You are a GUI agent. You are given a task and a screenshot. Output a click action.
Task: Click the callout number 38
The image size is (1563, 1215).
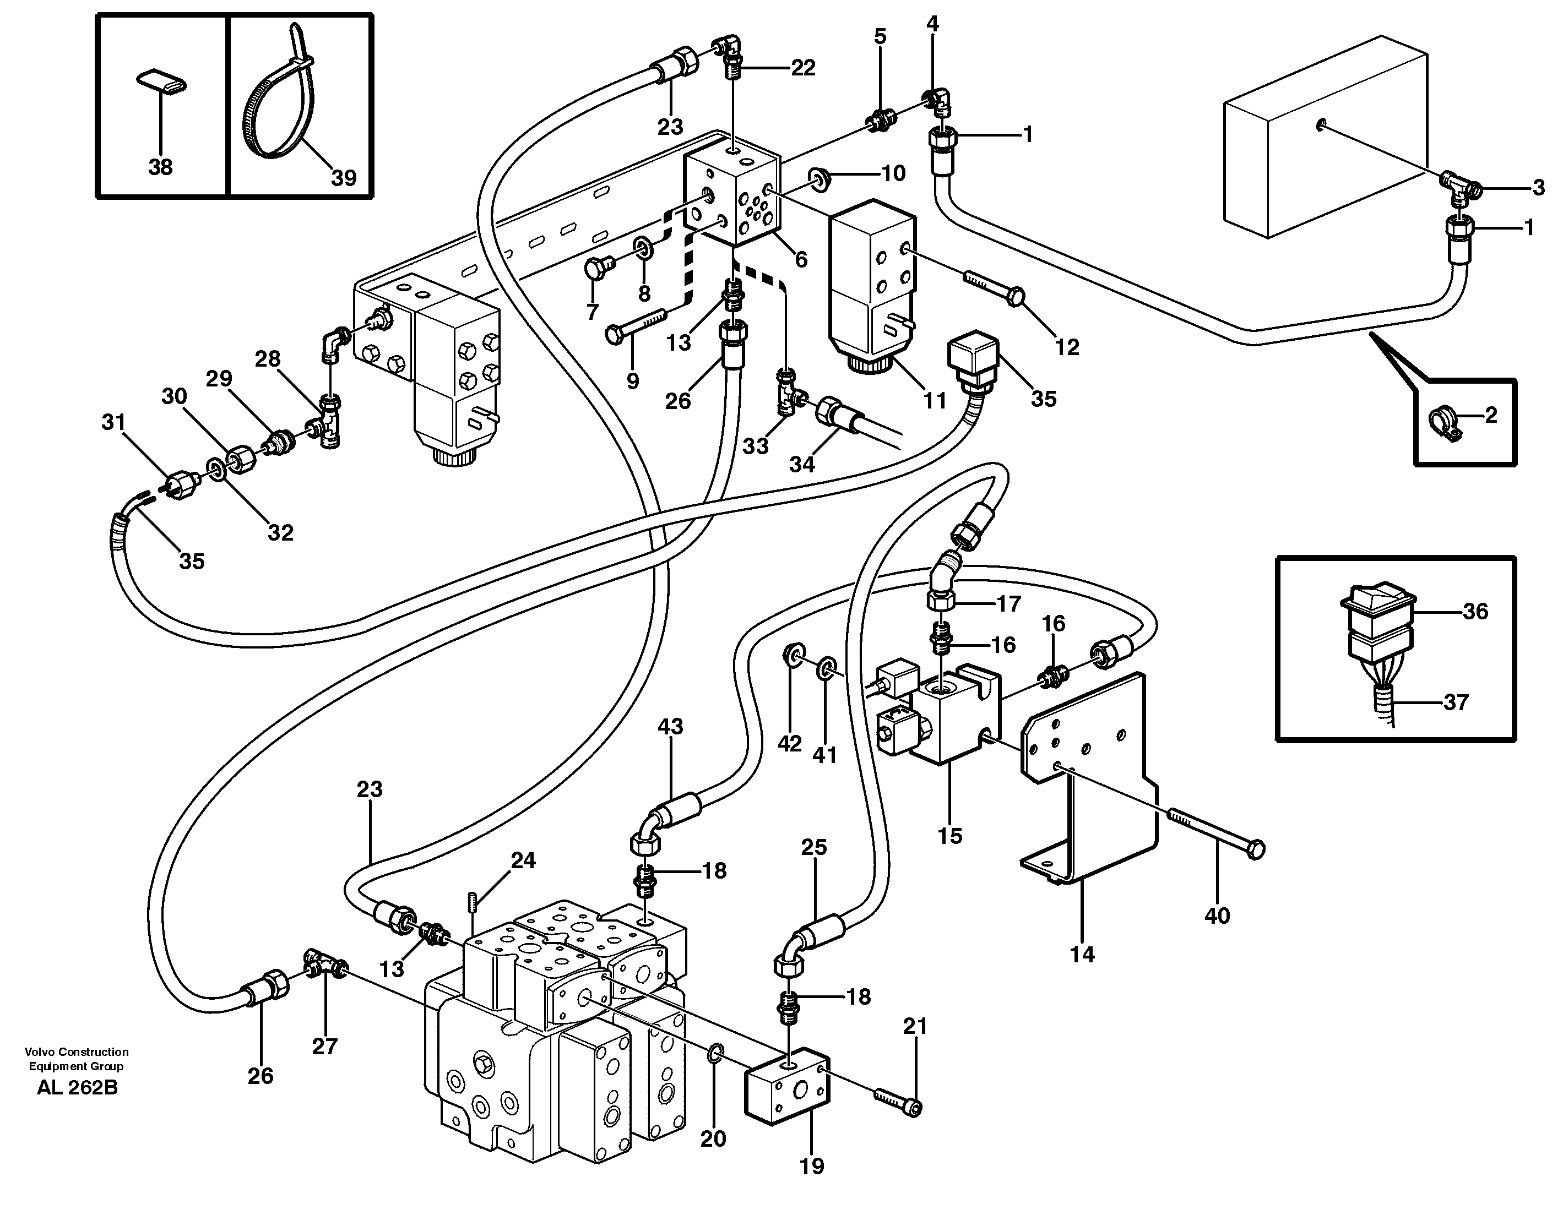[160, 167]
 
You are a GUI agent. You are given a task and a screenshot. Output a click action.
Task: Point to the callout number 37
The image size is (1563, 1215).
[1456, 702]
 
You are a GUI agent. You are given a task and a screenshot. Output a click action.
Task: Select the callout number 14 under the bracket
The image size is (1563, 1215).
[1082, 954]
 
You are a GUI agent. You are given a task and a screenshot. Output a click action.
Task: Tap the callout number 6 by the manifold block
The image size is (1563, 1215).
[801, 259]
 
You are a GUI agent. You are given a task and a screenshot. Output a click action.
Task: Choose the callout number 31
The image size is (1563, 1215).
[113, 422]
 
